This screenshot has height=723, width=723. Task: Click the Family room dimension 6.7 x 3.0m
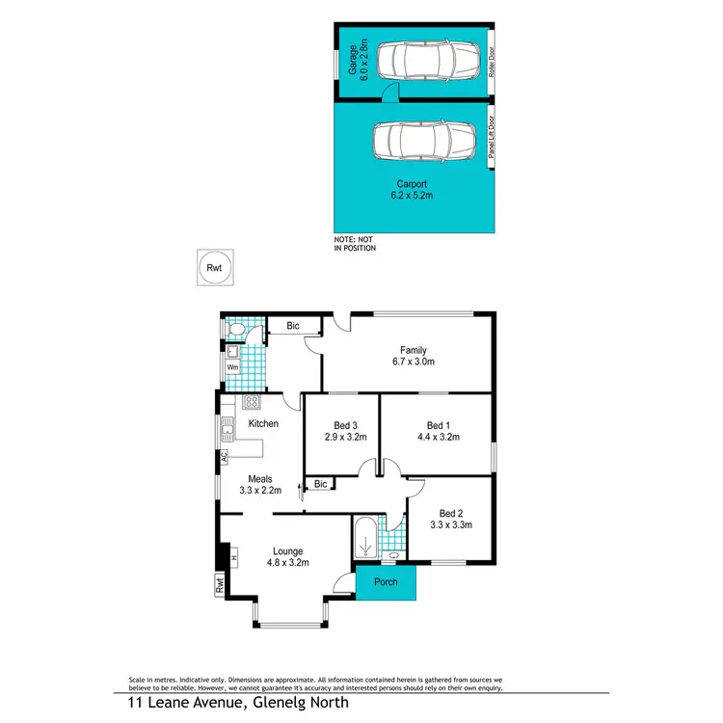pyautogui.click(x=414, y=363)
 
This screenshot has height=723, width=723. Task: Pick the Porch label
pyautogui.click(x=386, y=582)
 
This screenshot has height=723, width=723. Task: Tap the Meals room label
pyautogui.click(x=260, y=478)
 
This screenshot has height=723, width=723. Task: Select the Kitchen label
pyautogui.click(x=263, y=423)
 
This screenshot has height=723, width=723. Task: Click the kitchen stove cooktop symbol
pyautogui.click(x=252, y=402)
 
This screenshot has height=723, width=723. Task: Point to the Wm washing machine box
pyautogui.click(x=232, y=366)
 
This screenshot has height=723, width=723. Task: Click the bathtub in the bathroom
pyautogui.click(x=366, y=542)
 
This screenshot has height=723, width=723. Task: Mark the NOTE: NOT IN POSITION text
pyautogui.click(x=355, y=244)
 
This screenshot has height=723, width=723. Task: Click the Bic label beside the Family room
pyautogui.click(x=293, y=327)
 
